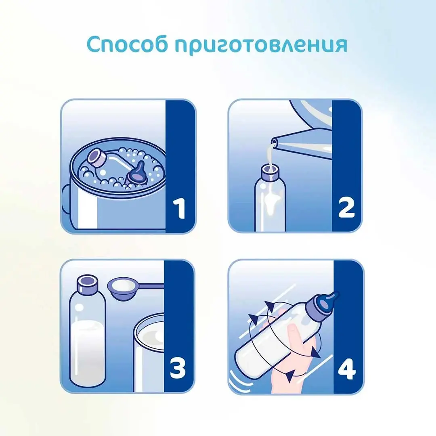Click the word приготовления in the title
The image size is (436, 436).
(x=261, y=45)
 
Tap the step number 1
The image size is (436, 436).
(x=179, y=208)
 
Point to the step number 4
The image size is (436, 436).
(x=347, y=369)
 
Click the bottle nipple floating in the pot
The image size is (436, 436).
(x=138, y=175)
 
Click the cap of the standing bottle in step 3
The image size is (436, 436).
(x=88, y=284)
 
